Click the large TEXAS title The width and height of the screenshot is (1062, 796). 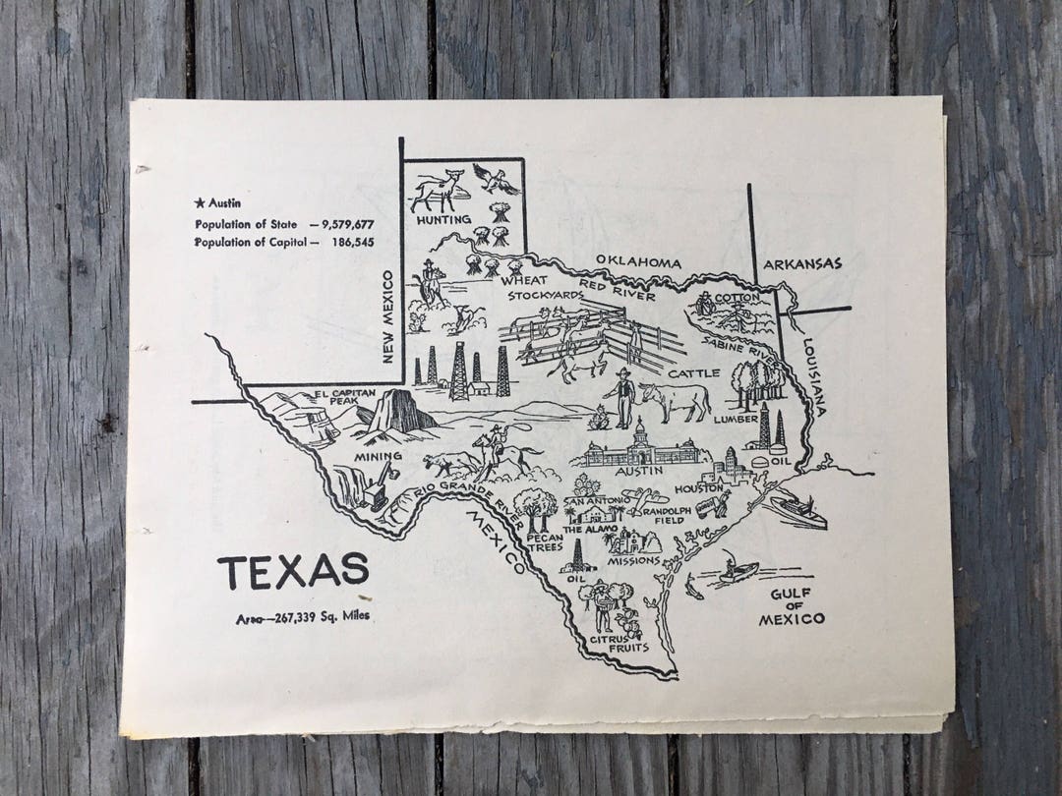click(293, 571)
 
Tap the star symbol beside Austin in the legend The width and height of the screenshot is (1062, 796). click(200, 203)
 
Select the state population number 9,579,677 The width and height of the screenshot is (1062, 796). click(341, 223)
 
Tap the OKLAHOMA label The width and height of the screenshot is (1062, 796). click(638, 262)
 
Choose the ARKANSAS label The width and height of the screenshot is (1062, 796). click(802, 263)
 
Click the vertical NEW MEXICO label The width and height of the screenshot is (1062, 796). click(387, 317)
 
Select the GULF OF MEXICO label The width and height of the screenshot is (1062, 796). click(792, 606)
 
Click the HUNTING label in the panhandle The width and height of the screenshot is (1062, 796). click(442, 219)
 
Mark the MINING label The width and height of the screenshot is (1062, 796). click(379, 456)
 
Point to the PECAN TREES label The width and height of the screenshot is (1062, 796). click(544, 542)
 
